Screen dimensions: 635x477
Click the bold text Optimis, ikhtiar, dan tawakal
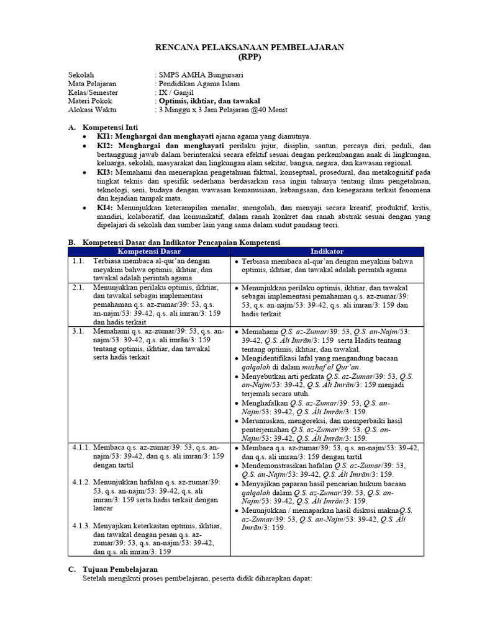tap(209, 101)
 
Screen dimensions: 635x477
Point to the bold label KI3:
tap(104, 171)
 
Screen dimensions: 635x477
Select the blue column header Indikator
tap(327, 251)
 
